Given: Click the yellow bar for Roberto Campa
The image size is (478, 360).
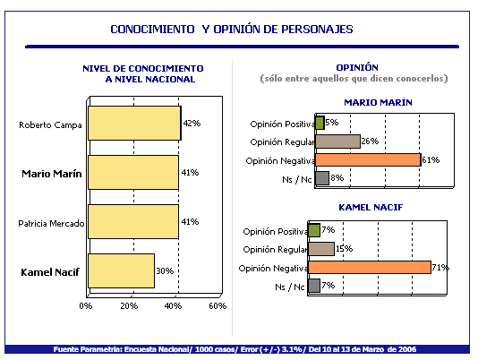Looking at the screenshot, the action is click(135, 124).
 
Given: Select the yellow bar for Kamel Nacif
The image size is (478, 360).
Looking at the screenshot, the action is click(122, 270).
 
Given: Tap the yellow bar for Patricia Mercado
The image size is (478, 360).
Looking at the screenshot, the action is click(133, 221).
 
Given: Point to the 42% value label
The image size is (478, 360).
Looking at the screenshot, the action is click(192, 124).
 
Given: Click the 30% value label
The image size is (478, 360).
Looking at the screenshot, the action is click(165, 271).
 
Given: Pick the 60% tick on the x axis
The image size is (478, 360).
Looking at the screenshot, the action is click(218, 306).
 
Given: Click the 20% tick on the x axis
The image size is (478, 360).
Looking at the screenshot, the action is click(129, 306).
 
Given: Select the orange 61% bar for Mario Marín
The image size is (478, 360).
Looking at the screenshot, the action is click(368, 160).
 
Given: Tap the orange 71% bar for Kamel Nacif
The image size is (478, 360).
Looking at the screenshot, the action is click(370, 267).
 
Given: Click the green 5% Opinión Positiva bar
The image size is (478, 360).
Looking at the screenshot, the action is click(320, 123).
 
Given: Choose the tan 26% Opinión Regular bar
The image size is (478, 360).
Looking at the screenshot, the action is click(337, 141).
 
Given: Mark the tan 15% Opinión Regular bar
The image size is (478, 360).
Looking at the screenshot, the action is click(321, 249).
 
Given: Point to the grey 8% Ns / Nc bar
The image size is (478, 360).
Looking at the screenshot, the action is click(322, 178).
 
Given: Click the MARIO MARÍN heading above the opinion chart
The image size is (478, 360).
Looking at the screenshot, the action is click(378, 102).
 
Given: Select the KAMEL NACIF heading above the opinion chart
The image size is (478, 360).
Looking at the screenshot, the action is click(371, 208).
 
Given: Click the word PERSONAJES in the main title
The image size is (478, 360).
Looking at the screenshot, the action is click(317, 30).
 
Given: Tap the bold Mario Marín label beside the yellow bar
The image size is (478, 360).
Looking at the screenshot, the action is click(52, 174).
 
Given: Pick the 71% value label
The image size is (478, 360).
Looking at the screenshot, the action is click(440, 268).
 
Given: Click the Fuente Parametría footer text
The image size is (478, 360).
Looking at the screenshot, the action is click(235, 349).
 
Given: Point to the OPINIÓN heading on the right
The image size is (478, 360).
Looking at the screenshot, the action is click(357, 67).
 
